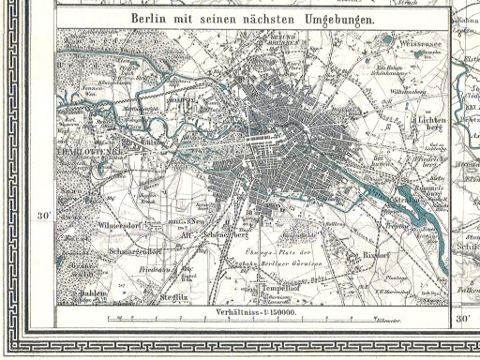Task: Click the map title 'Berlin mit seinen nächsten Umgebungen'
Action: (x=252, y=19)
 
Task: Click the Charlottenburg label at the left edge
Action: (x=85, y=151)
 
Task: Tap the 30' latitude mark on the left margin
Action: (x=41, y=215)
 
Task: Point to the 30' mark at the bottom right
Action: (x=461, y=319)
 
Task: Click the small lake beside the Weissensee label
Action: (x=386, y=41)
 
